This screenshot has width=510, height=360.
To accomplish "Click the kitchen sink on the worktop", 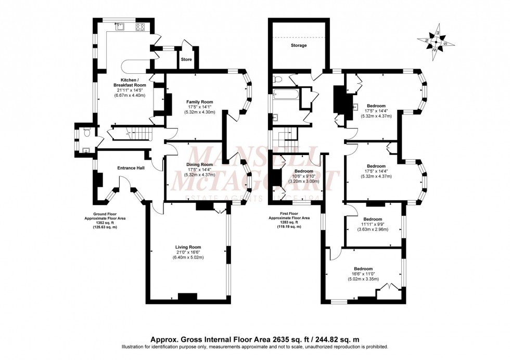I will [x=120, y=27].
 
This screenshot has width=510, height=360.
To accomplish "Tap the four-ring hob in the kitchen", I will [x=140, y=27].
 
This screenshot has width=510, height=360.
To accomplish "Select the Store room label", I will [x=186, y=60].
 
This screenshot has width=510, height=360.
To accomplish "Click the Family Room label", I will [x=200, y=102].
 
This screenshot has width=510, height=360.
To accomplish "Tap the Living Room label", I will [x=188, y=247].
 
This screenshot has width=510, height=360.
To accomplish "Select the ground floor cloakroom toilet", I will [x=86, y=134].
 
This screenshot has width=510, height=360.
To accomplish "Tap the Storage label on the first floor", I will [x=298, y=45].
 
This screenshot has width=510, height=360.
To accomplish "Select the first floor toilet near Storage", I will [x=278, y=79].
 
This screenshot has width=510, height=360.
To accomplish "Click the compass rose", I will [x=436, y=40].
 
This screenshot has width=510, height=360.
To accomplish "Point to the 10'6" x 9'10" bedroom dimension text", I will [x=304, y=176].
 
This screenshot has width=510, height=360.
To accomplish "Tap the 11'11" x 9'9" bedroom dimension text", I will [x=373, y=225].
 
